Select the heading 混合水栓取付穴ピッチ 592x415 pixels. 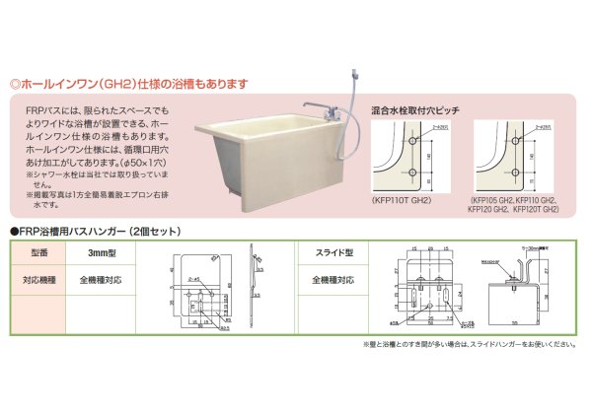pos(414,110)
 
